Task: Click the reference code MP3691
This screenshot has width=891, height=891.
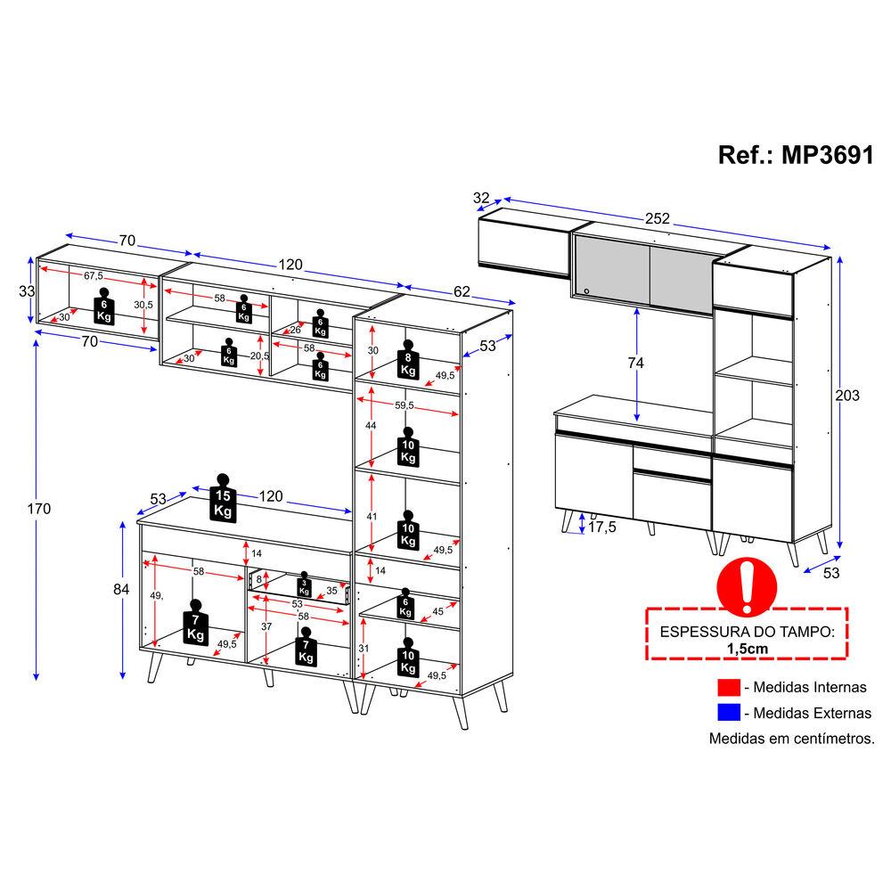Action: (828, 155)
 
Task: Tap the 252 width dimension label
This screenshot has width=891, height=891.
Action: (657, 219)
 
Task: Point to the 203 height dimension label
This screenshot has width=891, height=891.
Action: (847, 396)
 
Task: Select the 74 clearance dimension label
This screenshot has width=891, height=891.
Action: (636, 363)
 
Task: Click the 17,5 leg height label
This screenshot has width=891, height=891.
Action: (601, 527)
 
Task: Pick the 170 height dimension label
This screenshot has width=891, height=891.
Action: (38, 509)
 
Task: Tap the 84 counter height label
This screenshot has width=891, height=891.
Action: (121, 589)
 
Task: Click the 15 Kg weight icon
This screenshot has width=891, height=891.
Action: (223, 497)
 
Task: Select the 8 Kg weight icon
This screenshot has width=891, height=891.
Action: (408, 360)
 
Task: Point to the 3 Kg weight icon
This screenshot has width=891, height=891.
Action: (304, 584)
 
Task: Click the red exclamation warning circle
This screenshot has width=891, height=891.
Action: (747, 586)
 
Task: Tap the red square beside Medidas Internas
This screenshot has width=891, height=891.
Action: (729, 687)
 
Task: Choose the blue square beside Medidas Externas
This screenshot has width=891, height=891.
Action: (729, 713)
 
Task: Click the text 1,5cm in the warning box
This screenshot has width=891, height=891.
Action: (748, 649)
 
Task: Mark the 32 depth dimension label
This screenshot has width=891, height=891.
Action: (481, 198)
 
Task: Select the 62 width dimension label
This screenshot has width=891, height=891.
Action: (462, 291)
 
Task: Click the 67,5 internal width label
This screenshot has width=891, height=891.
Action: (94, 276)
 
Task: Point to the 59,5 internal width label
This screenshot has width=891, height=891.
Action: (404, 405)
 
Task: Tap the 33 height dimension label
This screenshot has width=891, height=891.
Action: (27, 291)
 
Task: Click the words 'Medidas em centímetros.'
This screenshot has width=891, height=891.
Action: (791, 739)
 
